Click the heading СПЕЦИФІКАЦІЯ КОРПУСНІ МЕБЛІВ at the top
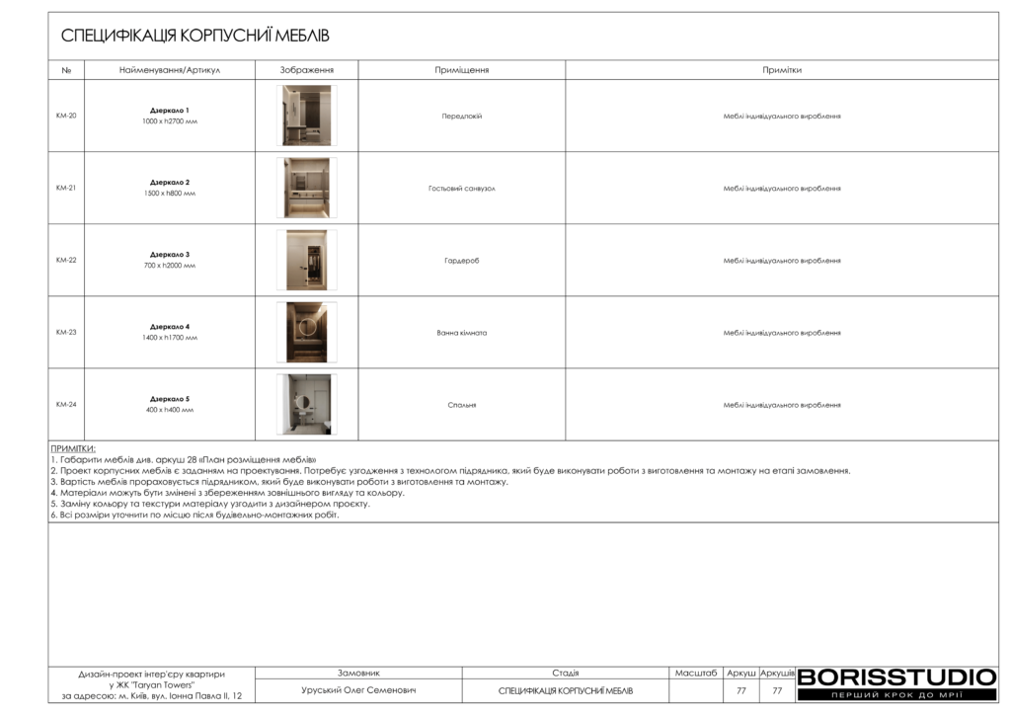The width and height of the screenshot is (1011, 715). pos(195,37)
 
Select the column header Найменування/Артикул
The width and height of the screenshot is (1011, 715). pos(169,70)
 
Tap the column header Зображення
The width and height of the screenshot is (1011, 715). pos(307,70)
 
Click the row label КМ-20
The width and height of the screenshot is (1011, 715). pos(66,116)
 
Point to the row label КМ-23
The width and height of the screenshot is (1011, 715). pos(66,332)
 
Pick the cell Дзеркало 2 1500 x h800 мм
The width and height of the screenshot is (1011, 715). pos(170,188)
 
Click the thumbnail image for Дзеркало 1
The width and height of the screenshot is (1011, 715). pos(306,116)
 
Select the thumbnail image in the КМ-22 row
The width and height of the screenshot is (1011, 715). pos(306,260)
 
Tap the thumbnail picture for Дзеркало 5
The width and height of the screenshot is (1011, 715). pos(306,404)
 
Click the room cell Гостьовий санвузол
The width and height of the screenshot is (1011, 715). pos(461,188)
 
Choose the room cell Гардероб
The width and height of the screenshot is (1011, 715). pos(461,260)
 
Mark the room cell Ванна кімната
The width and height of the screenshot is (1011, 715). pos(461,332)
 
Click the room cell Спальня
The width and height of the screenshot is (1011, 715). pos(461,404)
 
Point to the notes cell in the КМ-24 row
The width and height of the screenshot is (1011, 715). pos(781,404)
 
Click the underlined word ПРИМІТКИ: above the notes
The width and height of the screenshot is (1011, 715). pos(73,448)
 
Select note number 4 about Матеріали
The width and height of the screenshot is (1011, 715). pos(227,492)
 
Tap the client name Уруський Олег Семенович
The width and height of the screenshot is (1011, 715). pos(358,690)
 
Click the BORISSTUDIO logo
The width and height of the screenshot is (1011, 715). pos(896,677)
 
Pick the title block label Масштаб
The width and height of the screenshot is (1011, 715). pos(696,673)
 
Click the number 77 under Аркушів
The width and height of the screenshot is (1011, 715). pos(777,690)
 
